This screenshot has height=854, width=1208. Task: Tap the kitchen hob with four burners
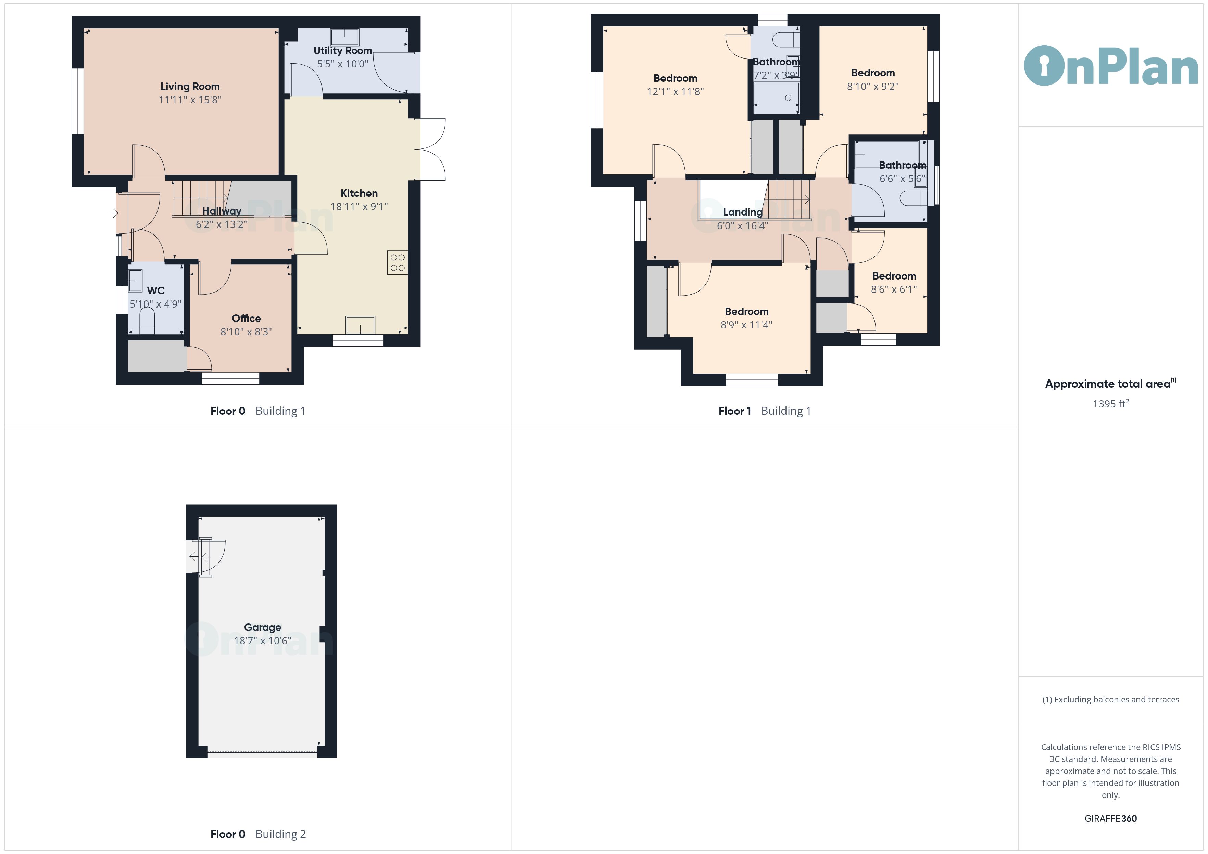(x=398, y=262)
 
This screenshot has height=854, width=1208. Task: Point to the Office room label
(x=246, y=318)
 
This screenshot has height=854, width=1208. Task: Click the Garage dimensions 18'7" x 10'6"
(x=263, y=640)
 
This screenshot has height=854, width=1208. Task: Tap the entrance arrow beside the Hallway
(x=114, y=213)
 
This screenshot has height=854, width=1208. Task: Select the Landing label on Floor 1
(x=742, y=212)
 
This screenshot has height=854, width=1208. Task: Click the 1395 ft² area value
(x=1111, y=404)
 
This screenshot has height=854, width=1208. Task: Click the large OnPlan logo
(x=1111, y=66)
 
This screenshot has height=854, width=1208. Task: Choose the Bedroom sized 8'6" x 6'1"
(x=894, y=276)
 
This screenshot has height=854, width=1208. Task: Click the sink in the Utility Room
(x=344, y=37)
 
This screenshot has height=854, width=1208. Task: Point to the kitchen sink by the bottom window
(x=361, y=325)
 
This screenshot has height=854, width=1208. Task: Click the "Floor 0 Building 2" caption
(x=258, y=834)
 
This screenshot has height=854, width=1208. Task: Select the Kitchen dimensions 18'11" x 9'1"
(x=359, y=207)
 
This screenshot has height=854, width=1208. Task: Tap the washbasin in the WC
(x=135, y=281)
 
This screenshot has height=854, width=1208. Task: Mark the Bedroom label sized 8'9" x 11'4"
(x=746, y=312)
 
